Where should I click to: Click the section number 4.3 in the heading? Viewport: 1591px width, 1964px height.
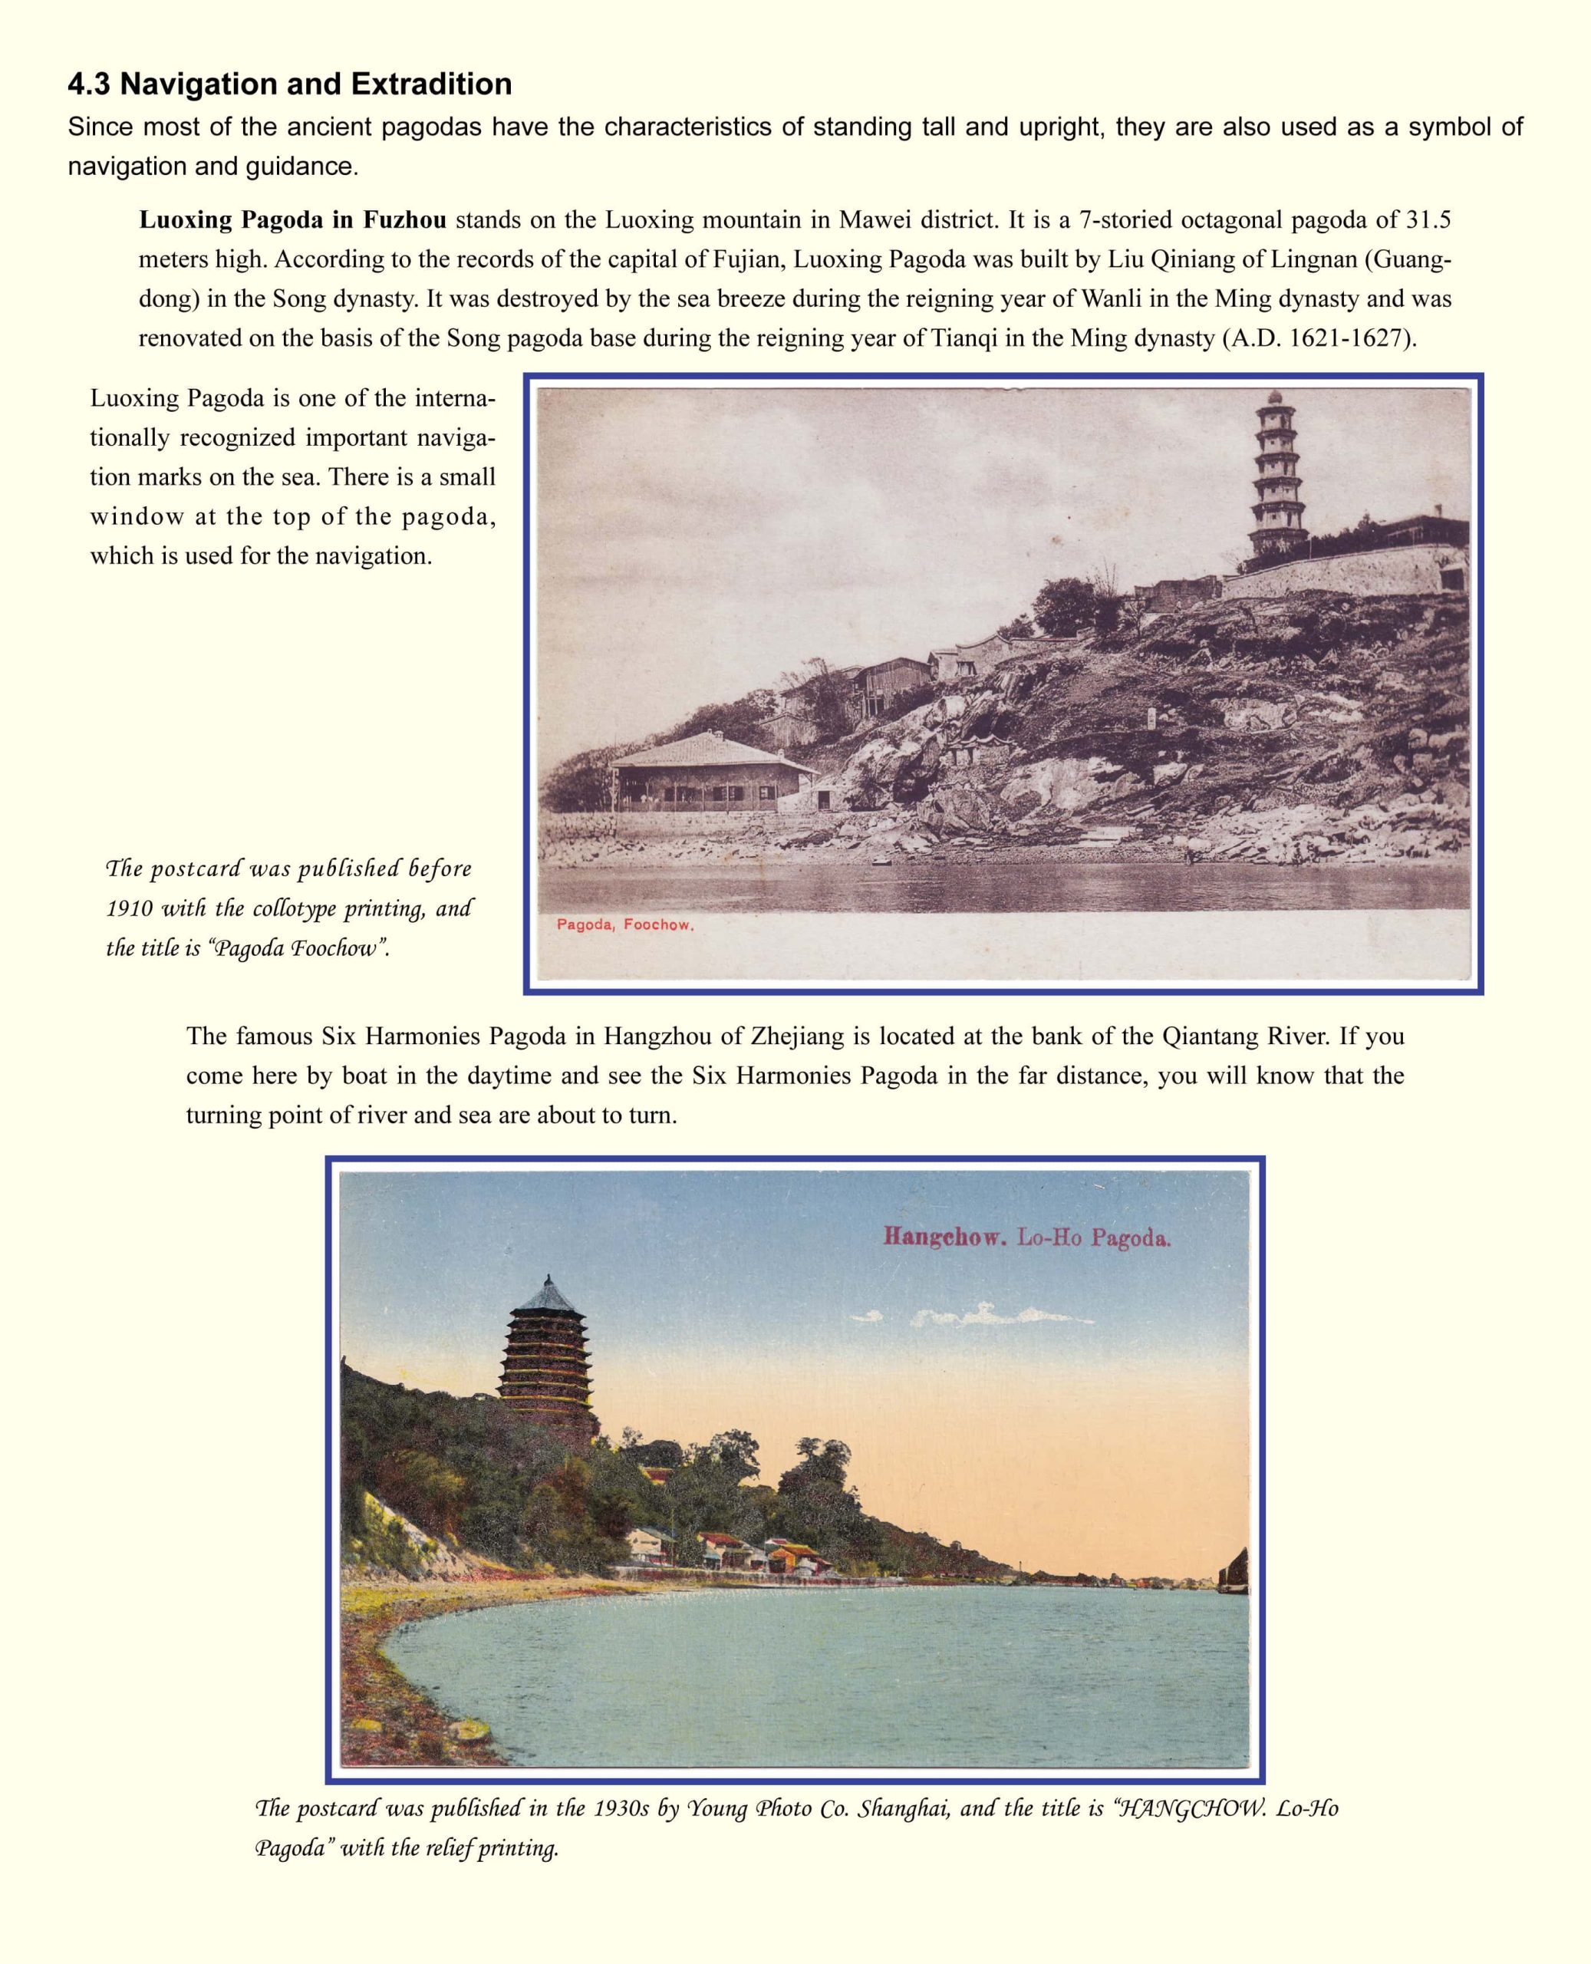(x=89, y=84)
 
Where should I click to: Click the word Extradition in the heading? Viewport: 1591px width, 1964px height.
(x=431, y=84)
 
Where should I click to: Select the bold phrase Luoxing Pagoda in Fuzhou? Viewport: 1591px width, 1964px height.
(x=292, y=220)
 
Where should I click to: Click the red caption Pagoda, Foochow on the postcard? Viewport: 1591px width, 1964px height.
(x=625, y=924)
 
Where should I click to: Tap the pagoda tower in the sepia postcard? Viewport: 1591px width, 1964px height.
(x=1277, y=476)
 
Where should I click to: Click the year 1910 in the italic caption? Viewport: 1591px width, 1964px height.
(x=129, y=908)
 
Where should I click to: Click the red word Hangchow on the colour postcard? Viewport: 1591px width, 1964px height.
(x=945, y=1237)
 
